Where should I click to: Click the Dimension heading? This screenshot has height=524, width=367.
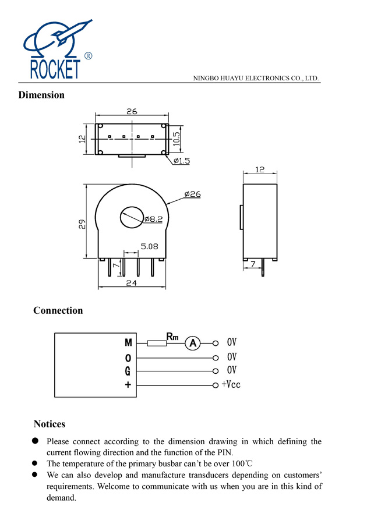[41, 95]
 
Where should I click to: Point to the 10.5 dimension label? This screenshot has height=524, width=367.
[177, 139]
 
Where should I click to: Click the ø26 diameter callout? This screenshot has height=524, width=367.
[192, 194]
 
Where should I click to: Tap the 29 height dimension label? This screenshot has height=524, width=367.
[83, 223]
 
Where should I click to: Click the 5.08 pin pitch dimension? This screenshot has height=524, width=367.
[149, 246]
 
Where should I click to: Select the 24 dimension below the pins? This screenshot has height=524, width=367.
[132, 283]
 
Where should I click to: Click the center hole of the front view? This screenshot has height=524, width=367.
[132, 218]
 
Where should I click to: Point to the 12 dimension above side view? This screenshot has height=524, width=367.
[260, 169]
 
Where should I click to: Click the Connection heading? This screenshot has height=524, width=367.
[58, 310]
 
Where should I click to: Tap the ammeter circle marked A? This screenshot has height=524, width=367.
[192, 343]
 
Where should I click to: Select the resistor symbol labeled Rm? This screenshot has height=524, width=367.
[156, 343]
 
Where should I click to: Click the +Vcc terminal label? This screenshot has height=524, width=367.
[231, 384]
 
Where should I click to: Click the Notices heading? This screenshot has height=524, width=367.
[49, 424]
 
